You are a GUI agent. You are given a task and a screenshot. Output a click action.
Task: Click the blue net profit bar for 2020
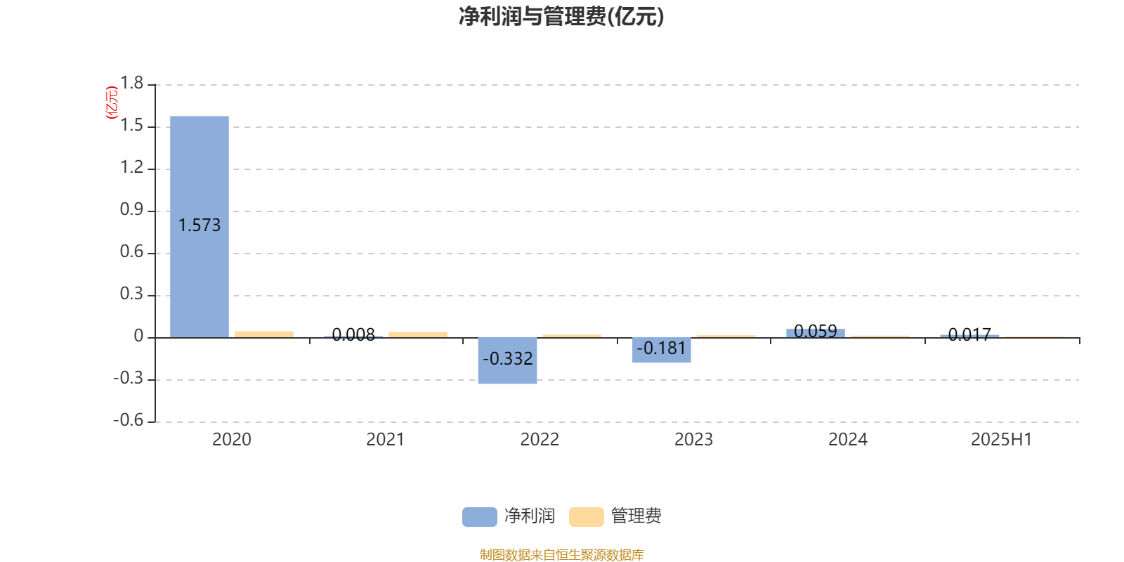[x=200, y=227]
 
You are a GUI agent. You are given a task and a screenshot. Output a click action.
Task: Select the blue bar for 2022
[x=507, y=361]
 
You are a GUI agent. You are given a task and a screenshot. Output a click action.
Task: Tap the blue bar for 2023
[x=661, y=351]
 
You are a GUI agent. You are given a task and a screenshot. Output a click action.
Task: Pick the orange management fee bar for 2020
[x=264, y=334]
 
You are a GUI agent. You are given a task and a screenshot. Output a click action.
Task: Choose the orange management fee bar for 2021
[x=418, y=334]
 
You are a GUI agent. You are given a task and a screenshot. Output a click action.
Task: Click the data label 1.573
[x=200, y=226]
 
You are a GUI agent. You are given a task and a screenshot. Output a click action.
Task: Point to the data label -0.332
[x=507, y=359]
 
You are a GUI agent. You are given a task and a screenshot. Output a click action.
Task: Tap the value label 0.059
[x=816, y=331]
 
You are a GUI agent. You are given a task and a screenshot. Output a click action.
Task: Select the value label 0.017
[x=969, y=334]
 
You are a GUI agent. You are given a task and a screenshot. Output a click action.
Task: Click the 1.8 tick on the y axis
[x=131, y=84]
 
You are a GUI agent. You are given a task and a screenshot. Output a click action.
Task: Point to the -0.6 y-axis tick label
[x=129, y=420]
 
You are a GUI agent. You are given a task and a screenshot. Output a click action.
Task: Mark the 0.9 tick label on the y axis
[x=131, y=209]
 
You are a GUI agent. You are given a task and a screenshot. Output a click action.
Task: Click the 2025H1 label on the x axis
[x=1002, y=440]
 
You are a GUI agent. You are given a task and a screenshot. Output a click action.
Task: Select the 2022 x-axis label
[x=540, y=440]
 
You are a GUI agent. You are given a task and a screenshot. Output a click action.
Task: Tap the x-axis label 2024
[x=847, y=440]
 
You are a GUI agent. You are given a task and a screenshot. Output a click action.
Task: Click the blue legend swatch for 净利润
[x=480, y=517]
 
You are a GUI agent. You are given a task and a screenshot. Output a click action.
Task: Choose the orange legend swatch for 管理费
[x=586, y=517]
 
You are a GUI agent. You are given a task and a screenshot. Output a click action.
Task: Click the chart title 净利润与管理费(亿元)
[x=561, y=17]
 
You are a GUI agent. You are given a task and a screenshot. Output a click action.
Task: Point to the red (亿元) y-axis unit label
[x=112, y=103]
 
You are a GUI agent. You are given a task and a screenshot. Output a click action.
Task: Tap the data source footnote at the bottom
[x=561, y=554]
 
